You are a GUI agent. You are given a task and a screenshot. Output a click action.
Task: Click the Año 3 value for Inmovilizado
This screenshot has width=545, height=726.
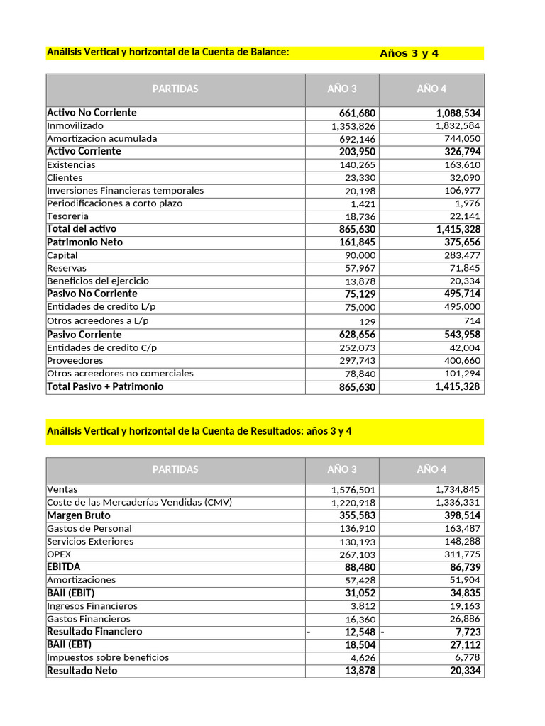[353, 126]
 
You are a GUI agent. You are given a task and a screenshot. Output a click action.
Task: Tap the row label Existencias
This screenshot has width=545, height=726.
[71, 164]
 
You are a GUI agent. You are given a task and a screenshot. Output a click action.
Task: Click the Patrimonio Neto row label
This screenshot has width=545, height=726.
[84, 242]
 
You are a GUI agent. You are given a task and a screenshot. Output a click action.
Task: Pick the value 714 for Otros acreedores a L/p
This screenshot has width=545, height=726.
[471, 320]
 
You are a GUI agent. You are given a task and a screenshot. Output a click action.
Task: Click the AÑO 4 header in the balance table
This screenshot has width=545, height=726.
[431, 89]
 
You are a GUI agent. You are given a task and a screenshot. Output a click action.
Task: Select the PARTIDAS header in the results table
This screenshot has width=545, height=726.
[175, 469]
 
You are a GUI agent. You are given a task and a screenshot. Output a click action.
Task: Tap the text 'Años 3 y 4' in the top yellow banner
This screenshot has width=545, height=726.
[409, 54]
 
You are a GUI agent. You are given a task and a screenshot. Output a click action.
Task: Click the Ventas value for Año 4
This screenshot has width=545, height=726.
[458, 489]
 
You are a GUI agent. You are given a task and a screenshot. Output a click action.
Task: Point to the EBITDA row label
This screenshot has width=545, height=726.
[64, 566]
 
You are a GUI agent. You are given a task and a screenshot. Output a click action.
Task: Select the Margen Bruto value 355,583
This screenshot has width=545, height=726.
[358, 515]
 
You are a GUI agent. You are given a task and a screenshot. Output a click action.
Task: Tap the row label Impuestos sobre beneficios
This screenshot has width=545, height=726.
[108, 657]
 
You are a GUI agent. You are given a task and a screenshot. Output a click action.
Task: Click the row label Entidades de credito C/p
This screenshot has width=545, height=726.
[102, 347]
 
